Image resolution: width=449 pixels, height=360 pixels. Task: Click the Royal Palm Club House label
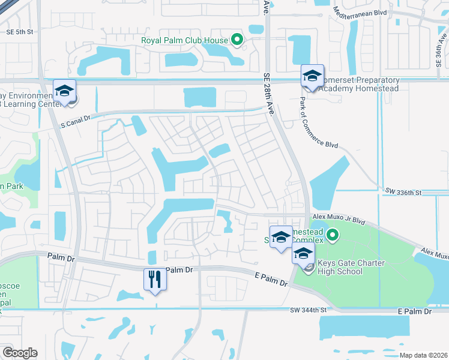(x=184, y=41)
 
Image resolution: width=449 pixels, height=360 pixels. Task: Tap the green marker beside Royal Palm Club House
(x=237, y=41)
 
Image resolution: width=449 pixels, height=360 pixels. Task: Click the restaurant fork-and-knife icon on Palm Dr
(x=155, y=278)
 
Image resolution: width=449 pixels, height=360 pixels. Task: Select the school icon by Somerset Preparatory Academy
(x=312, y=76)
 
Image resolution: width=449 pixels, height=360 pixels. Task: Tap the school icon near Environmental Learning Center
(x=64, y=91)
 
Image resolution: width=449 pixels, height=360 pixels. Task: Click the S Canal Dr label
(x=75, y=119)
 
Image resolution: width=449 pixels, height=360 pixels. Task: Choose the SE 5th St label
(x=17, y=32)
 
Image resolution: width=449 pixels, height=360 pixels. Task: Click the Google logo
(x=19, y=353)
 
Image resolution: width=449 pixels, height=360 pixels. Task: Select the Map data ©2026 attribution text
(x=424, y=355)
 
